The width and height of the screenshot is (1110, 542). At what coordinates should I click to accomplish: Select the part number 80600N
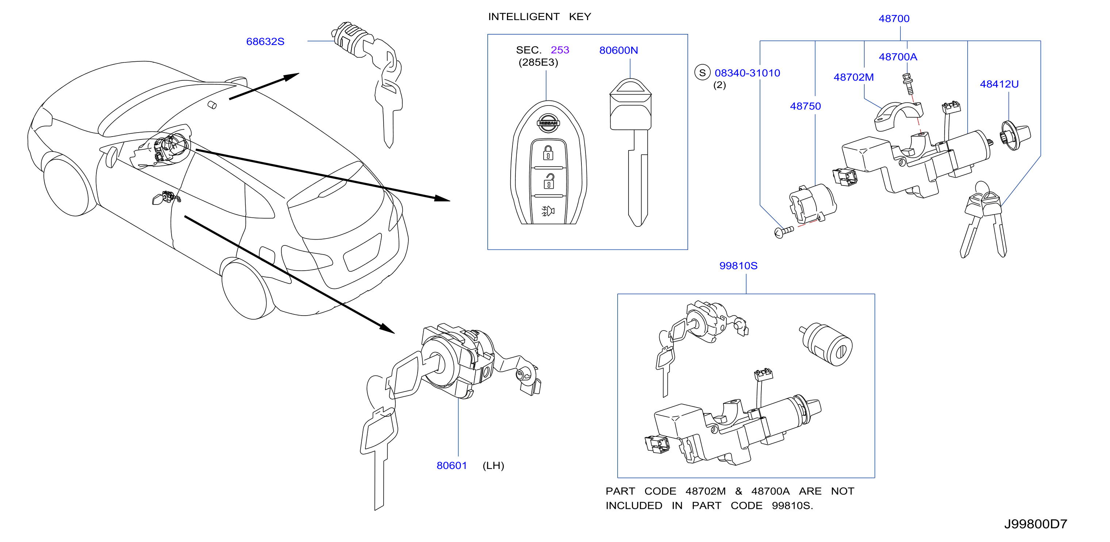618,50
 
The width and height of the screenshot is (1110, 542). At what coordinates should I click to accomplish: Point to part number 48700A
898,57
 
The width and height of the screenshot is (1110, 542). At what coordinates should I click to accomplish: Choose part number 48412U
999,84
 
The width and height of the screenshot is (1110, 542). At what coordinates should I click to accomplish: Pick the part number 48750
805,106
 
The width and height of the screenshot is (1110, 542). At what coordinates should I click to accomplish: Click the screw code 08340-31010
747,73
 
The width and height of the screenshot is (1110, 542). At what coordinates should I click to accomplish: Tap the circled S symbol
702,72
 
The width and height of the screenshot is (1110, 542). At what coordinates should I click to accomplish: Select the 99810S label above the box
738,266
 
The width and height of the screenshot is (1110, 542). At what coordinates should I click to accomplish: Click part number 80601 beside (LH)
452,465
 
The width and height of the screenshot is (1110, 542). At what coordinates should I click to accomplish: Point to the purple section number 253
560,50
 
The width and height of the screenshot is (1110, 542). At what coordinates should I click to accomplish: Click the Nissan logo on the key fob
548,123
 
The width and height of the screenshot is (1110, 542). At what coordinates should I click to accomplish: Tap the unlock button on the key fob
549,182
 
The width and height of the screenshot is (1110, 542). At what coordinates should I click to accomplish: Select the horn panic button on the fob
548,211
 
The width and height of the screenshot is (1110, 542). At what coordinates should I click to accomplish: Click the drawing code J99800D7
1036,524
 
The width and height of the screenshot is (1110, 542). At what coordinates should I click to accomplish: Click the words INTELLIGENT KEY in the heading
539,17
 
